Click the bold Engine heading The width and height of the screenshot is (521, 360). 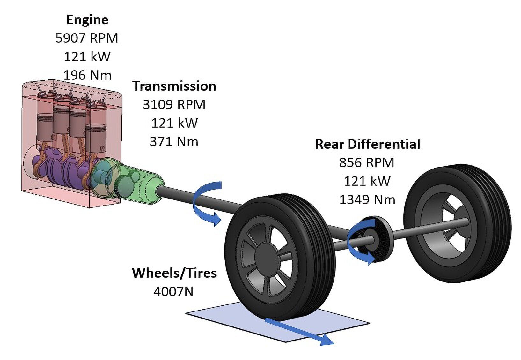click(x=87, y=20)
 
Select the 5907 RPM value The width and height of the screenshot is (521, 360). click(x=87, y=38)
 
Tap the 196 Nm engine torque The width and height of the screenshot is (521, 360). click(x=87, y=75)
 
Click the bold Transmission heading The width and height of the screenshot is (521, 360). click(x=174, y=86)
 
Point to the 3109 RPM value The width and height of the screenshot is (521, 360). click(x=174, y=105)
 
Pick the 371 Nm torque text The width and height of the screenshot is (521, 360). click(x=174, y=142)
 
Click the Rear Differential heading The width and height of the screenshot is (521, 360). click(x=367, y=144)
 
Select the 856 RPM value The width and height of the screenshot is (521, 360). click(x=367, y=163)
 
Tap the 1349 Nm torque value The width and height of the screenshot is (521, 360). click(x=367, y=200)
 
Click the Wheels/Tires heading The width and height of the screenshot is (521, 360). click(x=174, y=273)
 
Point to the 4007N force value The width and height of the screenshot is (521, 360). click(x=173, y=292)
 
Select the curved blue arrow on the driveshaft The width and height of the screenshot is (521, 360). click(x=206, y=203)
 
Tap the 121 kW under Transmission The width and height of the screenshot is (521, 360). click(x=174, y=123)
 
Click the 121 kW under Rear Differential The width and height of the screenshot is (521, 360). click(x=367, y=181)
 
